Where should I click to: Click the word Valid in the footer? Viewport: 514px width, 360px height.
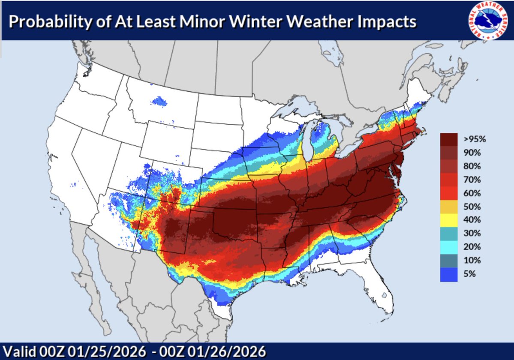(x=17, y=351)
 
